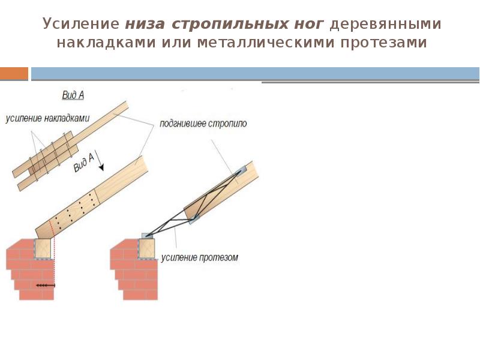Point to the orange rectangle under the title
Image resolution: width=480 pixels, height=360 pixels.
(14, 74)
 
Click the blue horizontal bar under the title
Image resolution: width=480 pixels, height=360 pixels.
(255, 74)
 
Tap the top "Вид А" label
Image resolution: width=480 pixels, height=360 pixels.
(73, 95)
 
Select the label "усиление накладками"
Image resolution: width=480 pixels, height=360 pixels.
(47, 119)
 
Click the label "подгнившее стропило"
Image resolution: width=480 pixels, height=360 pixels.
(203, 124)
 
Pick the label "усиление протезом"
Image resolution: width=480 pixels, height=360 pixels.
(200, 258)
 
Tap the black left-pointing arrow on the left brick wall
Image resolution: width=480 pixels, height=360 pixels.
(45, 286)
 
